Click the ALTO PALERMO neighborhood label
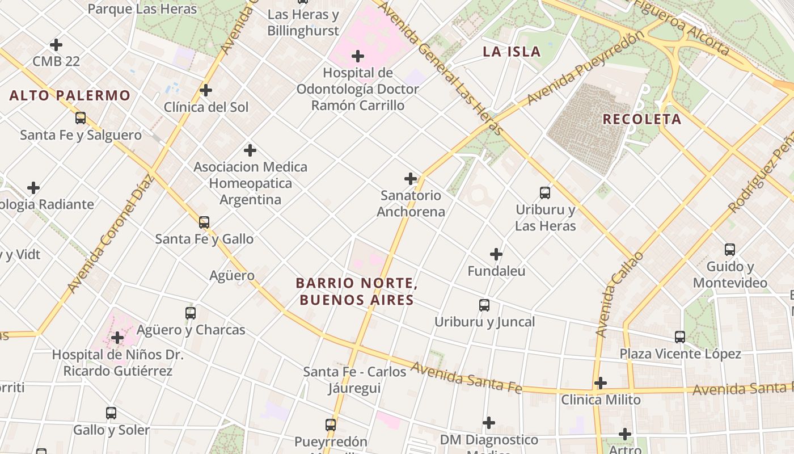coord(70,95)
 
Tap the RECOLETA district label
coord(641,119)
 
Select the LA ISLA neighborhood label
coord(512,52)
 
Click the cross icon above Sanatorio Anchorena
coord(411,179)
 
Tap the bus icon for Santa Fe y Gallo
coord(204,222)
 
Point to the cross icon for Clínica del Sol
coord(206,90)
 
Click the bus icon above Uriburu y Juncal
coord(484,305)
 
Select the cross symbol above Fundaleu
coord(496,254)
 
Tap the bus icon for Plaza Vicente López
coord(680,337)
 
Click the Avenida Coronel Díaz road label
coord(111,234)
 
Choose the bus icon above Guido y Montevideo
coord(730,250)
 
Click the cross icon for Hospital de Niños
coord(117,338)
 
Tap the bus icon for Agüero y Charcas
coord(191,313)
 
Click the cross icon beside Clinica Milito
coord(601,383)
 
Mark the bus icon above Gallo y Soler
coord(111,413)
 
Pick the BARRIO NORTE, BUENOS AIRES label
coord(357,291)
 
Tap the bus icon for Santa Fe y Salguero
coord(81,118)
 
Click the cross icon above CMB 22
coord(56,44)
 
